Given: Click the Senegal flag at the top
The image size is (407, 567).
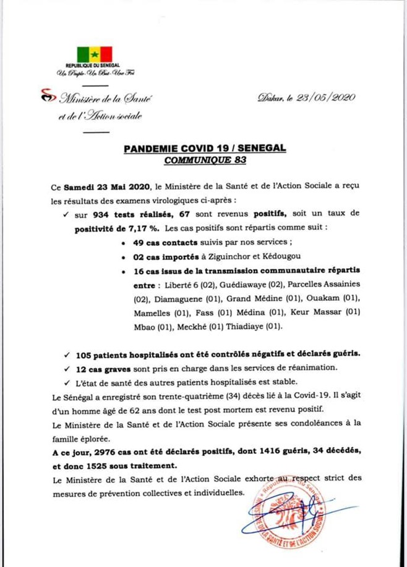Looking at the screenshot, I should coord(94,54).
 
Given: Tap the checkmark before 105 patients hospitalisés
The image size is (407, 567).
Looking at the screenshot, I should coord(67,356).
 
